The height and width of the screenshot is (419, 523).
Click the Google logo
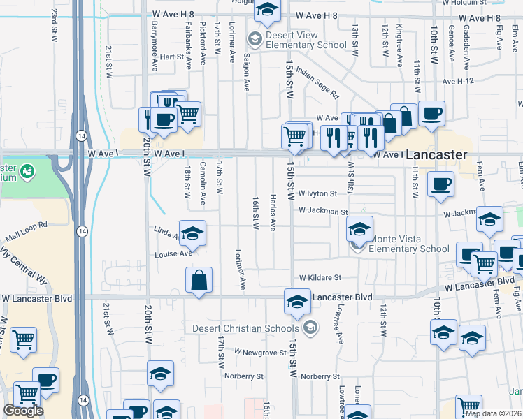23,411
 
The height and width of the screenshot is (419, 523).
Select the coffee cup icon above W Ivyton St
441,185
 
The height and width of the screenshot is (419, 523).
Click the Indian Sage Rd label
317,82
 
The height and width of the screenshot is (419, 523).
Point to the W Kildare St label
320,277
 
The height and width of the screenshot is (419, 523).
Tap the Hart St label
171,57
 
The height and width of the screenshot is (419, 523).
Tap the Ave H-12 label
458,81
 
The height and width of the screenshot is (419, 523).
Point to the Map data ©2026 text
493,413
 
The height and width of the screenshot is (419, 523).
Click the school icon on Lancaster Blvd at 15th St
297,302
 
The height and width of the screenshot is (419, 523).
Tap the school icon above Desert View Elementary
266,10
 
